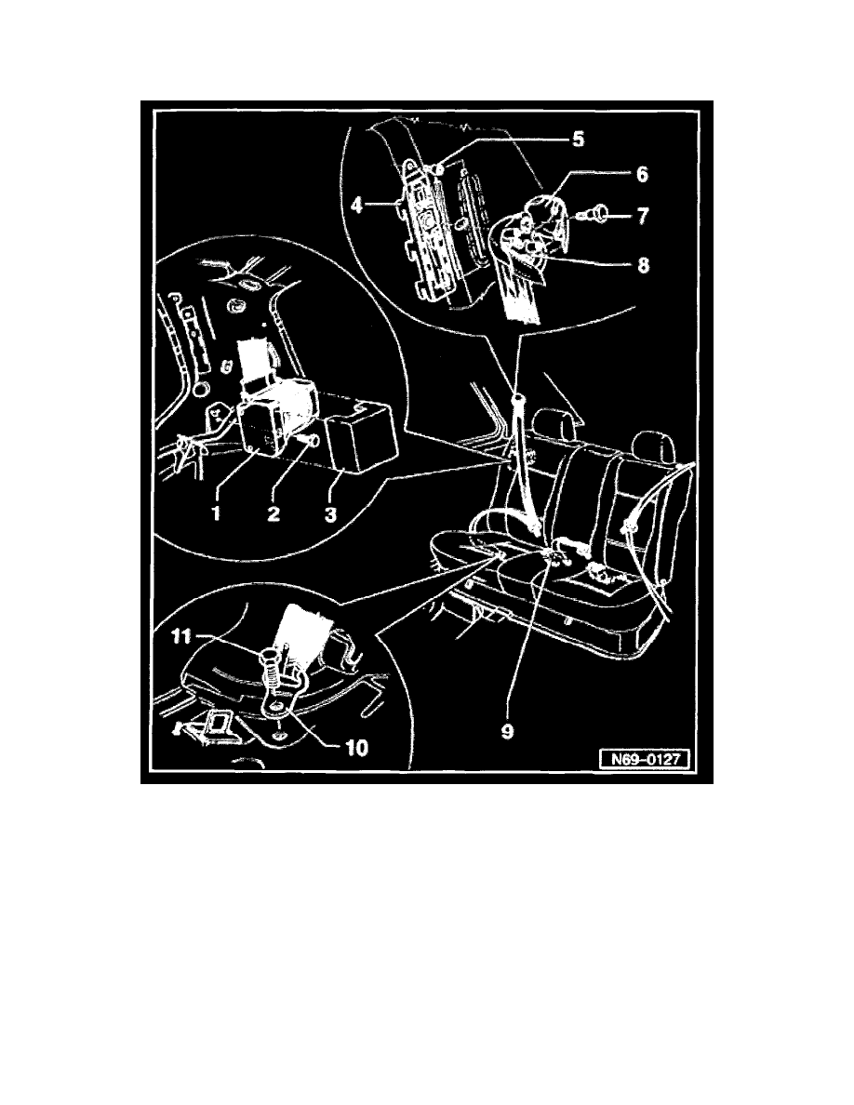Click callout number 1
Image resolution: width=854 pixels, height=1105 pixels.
[x=216, y=513]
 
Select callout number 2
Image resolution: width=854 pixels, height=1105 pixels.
[x=273, y=513]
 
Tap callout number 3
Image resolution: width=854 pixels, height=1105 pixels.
[x=329, y=513]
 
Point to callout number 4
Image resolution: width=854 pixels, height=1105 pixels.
[x=357, y=206]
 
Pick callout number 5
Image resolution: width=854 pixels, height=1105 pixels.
[x=578, y=138]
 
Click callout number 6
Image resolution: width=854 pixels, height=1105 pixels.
[x=642, y=174]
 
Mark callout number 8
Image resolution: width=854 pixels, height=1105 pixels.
[x=643, y=265]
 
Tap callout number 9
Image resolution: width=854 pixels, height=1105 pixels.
[x=507, y=731]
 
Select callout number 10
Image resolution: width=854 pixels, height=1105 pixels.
[x=356, y=747]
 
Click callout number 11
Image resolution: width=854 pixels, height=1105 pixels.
[x=181, y=636]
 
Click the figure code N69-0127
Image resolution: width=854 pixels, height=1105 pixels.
[x=645, y=760]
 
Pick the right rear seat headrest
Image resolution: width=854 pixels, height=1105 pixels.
[x=652, y=446]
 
